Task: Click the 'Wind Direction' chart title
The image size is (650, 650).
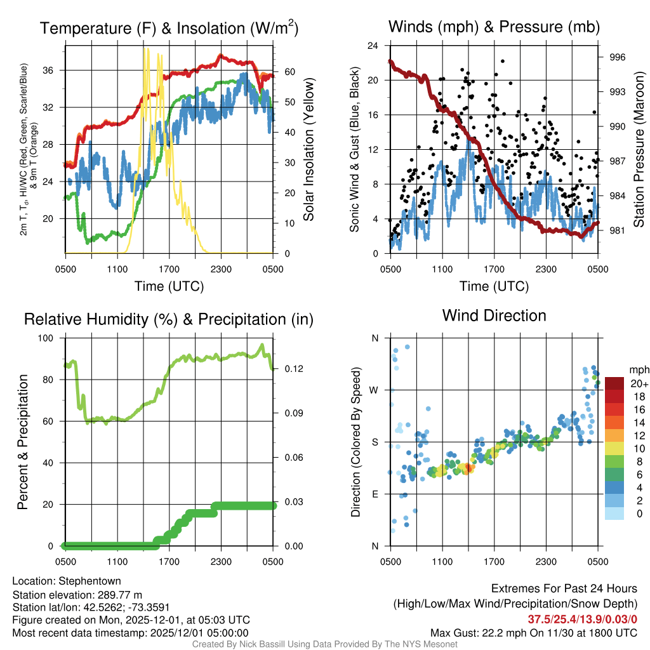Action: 494,315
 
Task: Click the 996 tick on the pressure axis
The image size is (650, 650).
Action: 617,57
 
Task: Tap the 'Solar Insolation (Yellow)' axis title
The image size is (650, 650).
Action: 309,150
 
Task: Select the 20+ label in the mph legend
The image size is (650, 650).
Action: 639,383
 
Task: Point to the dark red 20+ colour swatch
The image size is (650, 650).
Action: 614,383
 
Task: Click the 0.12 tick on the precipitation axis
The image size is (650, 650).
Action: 290,369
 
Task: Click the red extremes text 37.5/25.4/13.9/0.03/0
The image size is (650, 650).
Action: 582,619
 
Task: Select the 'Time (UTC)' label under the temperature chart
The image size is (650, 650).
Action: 169,286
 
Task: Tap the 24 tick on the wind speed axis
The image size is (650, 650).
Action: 373,46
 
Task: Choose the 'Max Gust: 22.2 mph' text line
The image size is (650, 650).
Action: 533,632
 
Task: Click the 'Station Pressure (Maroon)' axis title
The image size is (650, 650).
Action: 639,150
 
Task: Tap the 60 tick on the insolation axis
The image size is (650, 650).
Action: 287,72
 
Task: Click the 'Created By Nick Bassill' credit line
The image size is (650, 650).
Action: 324,644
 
